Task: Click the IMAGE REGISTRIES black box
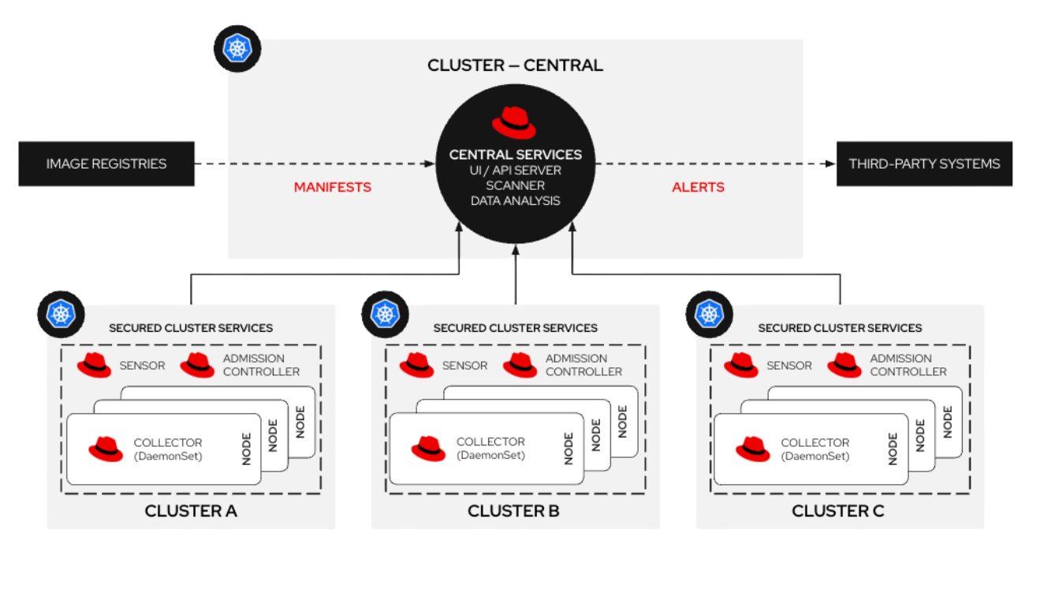tap(106, 164)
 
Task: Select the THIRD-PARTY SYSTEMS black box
tap(924, 164)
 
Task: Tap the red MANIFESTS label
tap(332, 188)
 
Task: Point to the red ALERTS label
tap(698, 188)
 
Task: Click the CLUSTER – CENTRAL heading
tap(515, 65)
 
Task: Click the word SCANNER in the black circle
tap(515, 185)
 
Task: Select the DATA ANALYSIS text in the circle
tap(515, 200)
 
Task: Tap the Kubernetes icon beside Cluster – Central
tap(237, 49)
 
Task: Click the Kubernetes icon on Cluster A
tap(61, 314)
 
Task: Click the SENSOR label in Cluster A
tap(142, 366)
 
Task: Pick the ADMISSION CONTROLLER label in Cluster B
tap(583, 365)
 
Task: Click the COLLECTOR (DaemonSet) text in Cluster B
tap(490, 449)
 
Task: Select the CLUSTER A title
tap(191, 511)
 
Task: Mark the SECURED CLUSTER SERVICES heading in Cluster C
tap(840, 328)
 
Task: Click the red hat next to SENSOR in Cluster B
tap(416, 365)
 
